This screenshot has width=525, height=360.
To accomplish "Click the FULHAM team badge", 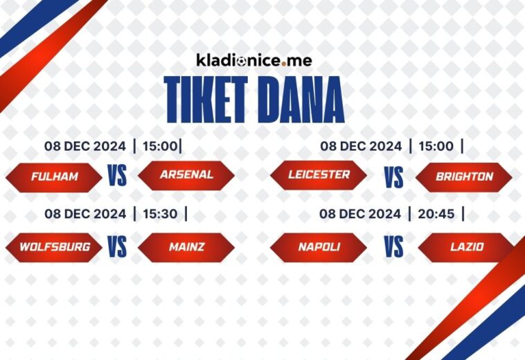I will tap(54, 177).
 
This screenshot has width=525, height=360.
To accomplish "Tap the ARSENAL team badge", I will tap(186, 175).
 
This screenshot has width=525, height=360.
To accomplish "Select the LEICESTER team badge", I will tap(319, 175).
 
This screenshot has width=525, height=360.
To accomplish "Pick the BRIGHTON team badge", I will tap(464, 177).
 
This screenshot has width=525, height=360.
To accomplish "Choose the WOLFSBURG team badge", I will tap(54, 247).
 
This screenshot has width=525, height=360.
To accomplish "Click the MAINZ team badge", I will tap(186, 247).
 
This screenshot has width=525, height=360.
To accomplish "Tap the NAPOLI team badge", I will tap(319, 247).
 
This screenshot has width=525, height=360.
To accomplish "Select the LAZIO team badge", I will tap(465, 247).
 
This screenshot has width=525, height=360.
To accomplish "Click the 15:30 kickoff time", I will tap(159, 214).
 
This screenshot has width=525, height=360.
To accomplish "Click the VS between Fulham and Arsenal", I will tap(117, 176).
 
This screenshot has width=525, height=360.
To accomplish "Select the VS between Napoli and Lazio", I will tap(393, 247).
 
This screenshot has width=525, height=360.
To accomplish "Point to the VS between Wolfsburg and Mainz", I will tap(117, 247).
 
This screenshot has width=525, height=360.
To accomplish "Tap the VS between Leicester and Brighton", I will tap(393, 177).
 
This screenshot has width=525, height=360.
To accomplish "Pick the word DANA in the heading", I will tap(303, 101).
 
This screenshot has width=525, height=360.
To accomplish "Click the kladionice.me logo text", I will tap(254, 60).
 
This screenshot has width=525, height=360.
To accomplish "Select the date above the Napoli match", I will tap(360, 214).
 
